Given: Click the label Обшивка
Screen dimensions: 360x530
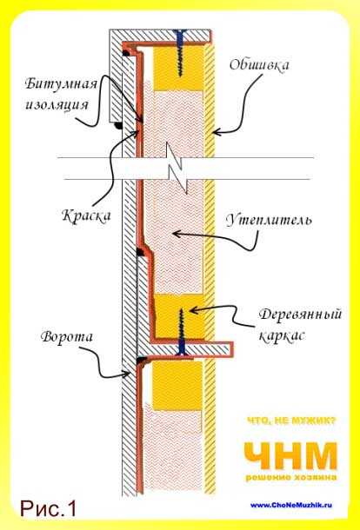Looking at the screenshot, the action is pos(259,65).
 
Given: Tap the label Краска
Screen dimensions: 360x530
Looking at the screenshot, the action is pos(86,215).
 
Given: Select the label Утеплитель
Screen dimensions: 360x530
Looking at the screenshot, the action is pos(269,220).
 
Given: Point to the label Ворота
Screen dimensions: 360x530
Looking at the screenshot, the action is pos(66,337).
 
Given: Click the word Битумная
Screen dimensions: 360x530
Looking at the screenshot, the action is pos(61,83).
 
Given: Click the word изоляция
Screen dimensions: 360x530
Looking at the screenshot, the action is pos(57,104).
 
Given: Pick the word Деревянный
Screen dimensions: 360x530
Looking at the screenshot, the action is pos(300,315).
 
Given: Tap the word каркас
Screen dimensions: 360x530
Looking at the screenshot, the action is pos(282,335).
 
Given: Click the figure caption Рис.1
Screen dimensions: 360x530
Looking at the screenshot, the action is pos(49,508).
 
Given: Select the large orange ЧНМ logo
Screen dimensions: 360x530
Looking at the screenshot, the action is pos(290,455).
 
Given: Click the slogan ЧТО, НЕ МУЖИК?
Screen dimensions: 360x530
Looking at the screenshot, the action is pos(291,421).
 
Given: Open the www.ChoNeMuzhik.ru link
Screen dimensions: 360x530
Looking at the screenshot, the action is pos(291,506).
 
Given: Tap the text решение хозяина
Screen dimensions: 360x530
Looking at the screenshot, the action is pos(291,477).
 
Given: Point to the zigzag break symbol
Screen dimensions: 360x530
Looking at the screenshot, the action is pos(177,168).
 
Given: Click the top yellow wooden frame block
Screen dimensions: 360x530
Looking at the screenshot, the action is pos(178,68).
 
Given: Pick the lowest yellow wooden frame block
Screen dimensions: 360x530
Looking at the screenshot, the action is pos(177,385).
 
